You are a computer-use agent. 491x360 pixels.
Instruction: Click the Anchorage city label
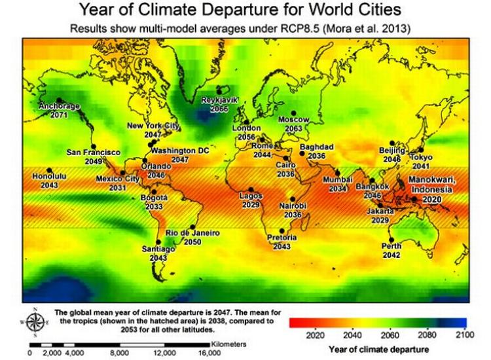point(59,105)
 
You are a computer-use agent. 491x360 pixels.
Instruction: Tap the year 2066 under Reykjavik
point(219,109)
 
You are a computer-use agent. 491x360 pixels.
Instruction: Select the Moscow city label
point(294,120)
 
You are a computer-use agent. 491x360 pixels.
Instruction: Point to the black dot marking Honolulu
point(48,170)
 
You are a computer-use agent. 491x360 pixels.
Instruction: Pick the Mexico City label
point(118,179)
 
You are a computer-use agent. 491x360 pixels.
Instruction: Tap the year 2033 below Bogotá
point(154,206)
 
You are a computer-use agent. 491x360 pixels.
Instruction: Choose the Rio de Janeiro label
point(192,233)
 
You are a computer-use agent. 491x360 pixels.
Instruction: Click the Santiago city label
point(158,249)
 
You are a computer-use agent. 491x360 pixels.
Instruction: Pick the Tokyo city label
point(422,158)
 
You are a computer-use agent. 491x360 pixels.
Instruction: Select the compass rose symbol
point(38,321)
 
